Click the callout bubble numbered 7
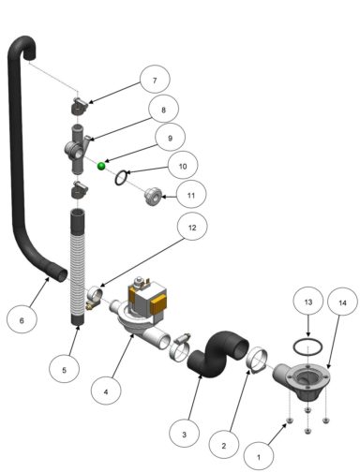tap(156, 81)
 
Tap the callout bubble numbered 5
tap(65, 370)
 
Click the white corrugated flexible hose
tap(78, 272)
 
